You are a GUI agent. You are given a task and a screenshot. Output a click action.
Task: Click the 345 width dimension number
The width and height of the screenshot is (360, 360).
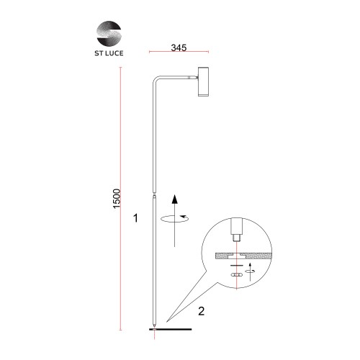179,48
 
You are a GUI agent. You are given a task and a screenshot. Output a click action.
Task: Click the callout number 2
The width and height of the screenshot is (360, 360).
202,311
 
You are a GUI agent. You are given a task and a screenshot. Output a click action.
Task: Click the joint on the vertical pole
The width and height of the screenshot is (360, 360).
153,193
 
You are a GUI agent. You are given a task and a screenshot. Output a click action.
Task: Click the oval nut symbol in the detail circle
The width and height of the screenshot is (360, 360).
236,274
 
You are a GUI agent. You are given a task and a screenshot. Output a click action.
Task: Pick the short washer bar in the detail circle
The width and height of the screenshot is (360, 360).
236,266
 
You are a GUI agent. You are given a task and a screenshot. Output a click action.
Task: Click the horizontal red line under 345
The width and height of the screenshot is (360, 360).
179,54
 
